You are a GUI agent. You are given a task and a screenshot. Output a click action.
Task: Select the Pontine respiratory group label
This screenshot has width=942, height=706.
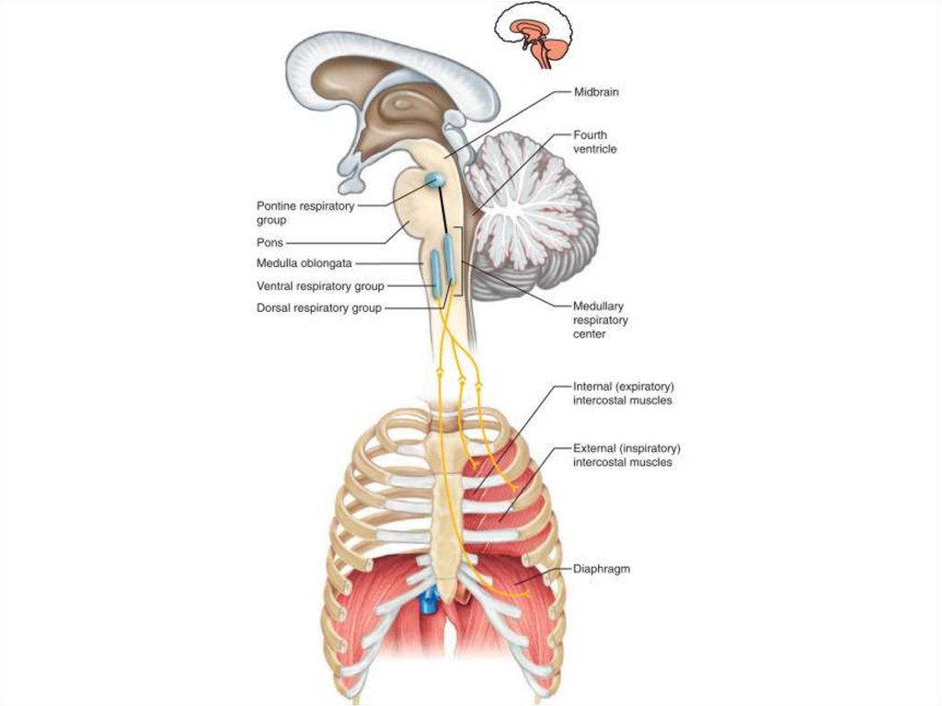tap(304, 214)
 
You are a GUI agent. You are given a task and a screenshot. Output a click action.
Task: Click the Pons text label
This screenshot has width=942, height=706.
tap(270, 243)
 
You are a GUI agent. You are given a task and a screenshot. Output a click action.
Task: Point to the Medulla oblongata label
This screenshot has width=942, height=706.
tap(304, 263)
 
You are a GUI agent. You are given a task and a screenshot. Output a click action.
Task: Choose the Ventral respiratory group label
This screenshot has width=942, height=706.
tap(320, 286)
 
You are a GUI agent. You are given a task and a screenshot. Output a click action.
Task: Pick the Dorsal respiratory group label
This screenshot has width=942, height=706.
tap(318, 308)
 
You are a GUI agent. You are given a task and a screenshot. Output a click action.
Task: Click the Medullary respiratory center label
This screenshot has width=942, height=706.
tap(601, 319)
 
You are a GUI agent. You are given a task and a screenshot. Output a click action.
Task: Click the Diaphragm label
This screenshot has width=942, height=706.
tap(601, 569)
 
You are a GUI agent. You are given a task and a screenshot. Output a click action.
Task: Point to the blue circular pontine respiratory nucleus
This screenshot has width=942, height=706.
tap(436, 179)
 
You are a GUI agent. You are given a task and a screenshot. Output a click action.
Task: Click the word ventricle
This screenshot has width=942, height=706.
tap(595, 149)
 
